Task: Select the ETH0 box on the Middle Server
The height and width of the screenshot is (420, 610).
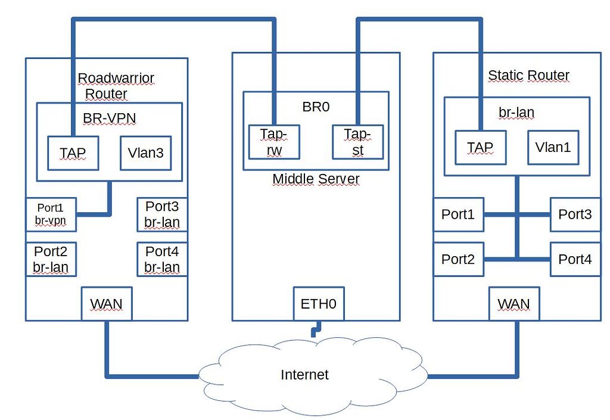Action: pos(319,304)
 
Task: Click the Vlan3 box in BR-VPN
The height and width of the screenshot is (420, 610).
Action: pos(145,153)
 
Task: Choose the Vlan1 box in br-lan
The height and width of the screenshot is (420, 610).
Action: pos(553,147)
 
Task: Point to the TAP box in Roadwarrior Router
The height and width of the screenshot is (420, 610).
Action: pos(73,153)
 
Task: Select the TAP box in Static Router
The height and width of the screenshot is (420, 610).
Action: pos(480,147)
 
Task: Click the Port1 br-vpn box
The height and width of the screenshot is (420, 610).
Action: pos(50,214)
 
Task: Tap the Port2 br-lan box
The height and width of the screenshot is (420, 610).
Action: pos(50,259)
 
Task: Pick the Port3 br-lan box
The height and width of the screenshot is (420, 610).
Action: pos(162,214)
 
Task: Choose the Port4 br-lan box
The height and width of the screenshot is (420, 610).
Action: pos(162,259)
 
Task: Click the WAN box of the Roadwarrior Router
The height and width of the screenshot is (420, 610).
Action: pos(106,304)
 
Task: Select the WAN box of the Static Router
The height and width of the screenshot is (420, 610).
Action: pos(513,304)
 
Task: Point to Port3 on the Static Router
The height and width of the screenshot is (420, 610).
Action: pos(575,214)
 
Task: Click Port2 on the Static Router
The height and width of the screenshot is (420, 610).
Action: pos(458,259)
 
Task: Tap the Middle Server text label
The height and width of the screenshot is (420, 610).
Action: pos(316,179)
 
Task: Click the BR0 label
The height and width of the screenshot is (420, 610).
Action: pos(316,107)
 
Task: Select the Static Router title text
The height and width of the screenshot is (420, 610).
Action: pos(528,76)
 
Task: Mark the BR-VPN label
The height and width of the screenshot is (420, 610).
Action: pos(109,118)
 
